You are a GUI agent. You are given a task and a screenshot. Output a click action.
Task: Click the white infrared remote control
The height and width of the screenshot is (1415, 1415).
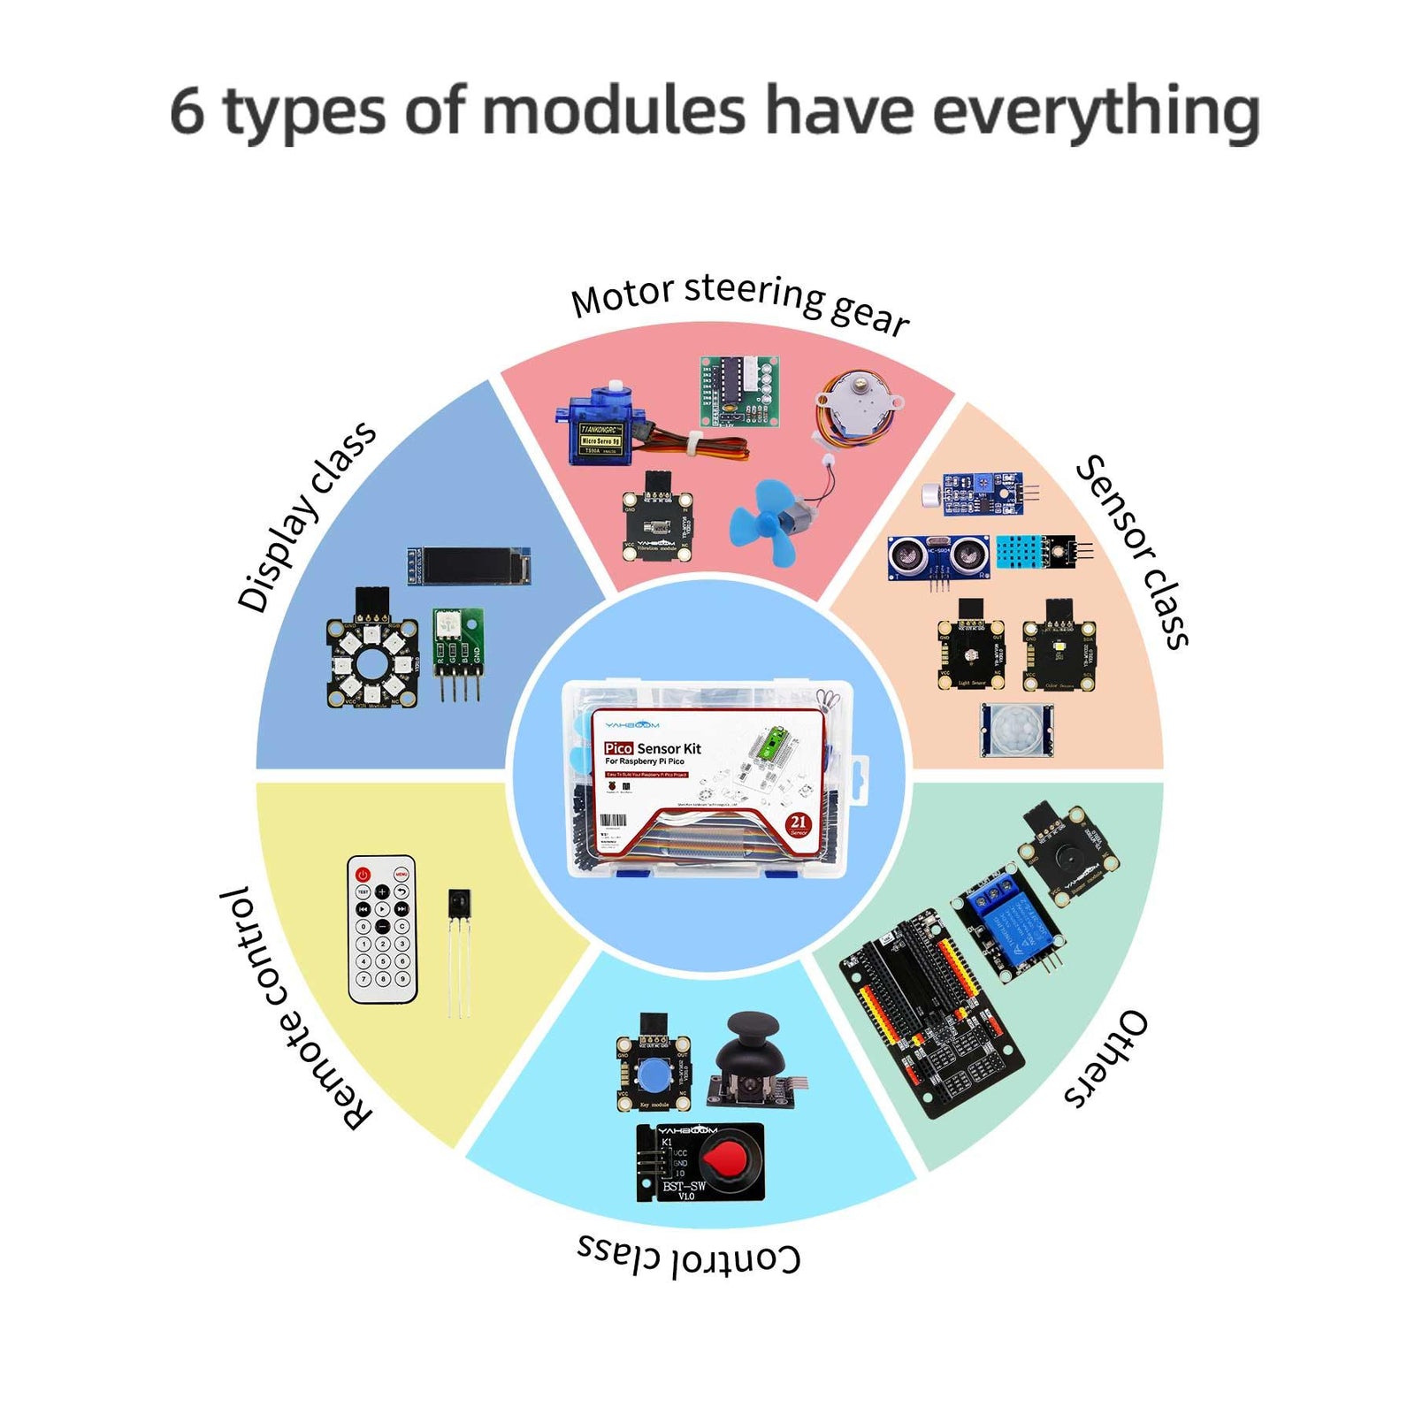point(382,929)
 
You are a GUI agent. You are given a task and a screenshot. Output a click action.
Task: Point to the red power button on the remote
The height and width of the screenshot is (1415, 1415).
point(363,875)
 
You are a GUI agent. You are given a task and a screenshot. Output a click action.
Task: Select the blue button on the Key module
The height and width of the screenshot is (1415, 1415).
point(653,1075)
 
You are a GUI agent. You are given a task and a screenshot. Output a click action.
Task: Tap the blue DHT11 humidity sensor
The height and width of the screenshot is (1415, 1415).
point(1024,552)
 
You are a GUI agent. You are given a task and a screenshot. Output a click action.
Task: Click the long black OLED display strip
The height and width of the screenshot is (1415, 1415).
point(469,566)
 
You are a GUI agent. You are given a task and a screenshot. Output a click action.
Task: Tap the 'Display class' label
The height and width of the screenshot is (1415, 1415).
point(306,517)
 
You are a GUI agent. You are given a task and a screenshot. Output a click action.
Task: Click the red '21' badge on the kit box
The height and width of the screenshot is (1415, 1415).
point(798,824)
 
